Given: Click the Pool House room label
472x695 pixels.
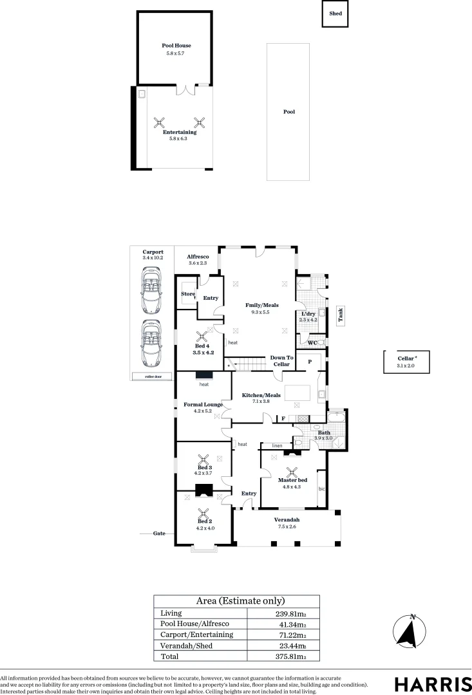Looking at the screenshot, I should tap(176, 46).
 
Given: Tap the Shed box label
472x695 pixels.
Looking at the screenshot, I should tap(335, 13).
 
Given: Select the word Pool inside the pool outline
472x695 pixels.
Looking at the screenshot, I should tap(289, 112).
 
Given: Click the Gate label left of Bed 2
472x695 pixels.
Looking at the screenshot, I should tap(160, 533).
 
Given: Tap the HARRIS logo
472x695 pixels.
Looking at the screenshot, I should tap(433, 683).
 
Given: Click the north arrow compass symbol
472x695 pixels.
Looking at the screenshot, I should tap(407, 631).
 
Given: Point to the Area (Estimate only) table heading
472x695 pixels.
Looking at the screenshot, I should tap(236, 601).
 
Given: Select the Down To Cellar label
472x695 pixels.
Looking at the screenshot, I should tap(281, 361).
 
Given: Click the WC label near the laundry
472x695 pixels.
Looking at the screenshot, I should tap(312, 343).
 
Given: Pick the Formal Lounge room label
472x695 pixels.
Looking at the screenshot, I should tap(203, 405).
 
